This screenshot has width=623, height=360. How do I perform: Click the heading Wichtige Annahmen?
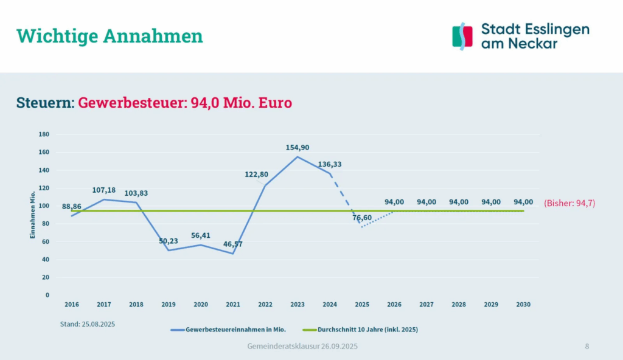tap(110, 36)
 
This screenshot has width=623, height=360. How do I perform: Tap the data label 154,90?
tap(298, 148)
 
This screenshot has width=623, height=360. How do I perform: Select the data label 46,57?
tap(233, 244)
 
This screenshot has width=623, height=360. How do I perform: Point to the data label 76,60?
tap(362, 218)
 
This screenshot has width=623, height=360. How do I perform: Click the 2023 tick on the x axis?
tap(298, 304)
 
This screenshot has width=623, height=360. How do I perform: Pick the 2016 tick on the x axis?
tap(72, 304)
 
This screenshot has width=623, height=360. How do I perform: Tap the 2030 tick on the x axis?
tap(523, 304)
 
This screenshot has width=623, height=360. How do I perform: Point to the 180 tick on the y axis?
tap(44, 134)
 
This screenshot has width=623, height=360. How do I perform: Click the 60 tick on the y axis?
tap(46, 241)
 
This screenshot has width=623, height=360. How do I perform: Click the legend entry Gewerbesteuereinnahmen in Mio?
tap(233, 330)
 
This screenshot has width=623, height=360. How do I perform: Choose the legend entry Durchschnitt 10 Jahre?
tap(364, 330)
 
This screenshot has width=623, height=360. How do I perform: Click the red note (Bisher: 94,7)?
tap(569, 203)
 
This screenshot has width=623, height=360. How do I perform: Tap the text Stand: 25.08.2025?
tap(88, 324)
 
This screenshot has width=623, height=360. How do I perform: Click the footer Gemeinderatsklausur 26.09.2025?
tap(302, 346)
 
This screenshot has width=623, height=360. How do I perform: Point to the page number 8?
tap(586, 346)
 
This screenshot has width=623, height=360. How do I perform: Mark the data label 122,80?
tap(256, 175)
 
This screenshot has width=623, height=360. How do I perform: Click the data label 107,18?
tap(104, 190)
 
